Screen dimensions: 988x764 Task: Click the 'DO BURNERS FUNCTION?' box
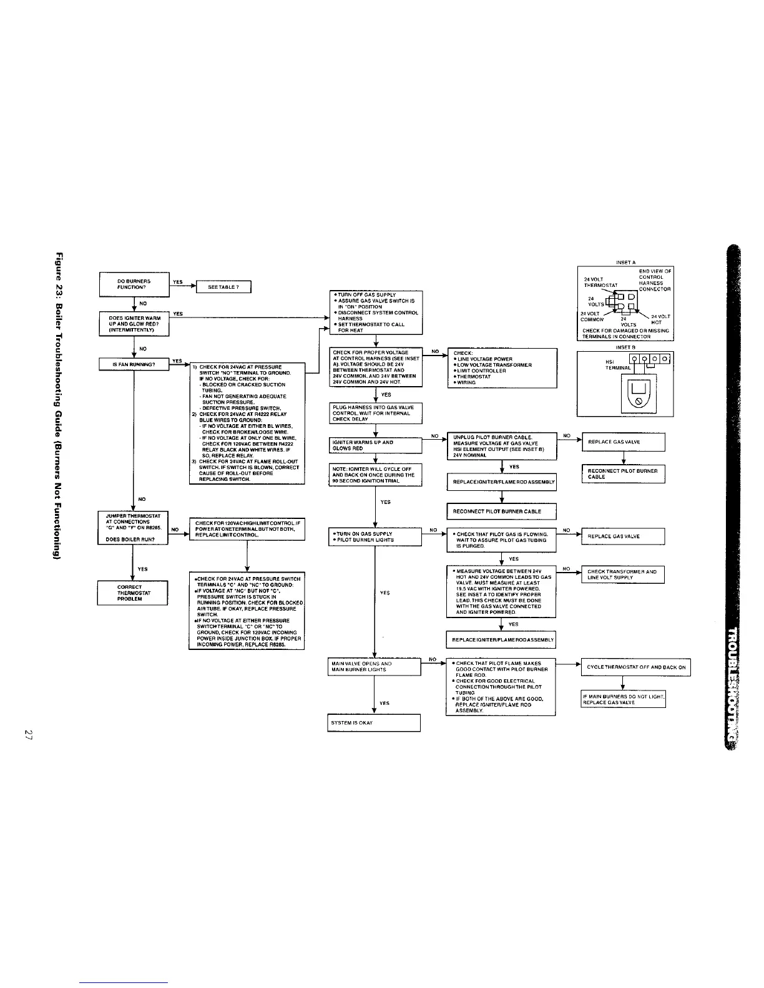[x=134, y=284]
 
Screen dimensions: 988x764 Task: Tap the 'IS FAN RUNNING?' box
[x=134, y=364]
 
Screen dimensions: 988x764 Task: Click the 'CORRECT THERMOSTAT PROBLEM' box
[x=132, y=593]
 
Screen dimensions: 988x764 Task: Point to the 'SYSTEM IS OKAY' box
[x=374, y=723]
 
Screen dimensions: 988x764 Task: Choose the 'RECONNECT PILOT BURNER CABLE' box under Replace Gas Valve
[x=623, y=474]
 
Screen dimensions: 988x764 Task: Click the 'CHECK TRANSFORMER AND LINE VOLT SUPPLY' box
[x=622, y=574]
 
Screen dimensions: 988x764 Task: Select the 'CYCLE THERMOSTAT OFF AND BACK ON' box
[x=635, y=667]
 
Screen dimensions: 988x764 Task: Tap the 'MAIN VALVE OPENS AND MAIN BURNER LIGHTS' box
[x=374, y=666]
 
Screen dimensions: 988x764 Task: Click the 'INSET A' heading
[x=625, y=262]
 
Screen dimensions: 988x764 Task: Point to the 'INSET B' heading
[x=625, y=347]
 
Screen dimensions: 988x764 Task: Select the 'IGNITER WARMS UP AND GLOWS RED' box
[x=374, y=445]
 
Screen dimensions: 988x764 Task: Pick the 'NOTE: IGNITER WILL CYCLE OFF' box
[x=375, y=475]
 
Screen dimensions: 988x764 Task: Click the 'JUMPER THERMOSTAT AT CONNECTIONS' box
[x=133, y=528]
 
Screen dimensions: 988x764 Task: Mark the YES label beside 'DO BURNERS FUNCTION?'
[x=177, y=281]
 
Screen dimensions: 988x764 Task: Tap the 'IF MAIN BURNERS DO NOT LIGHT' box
[x=623, y=699]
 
